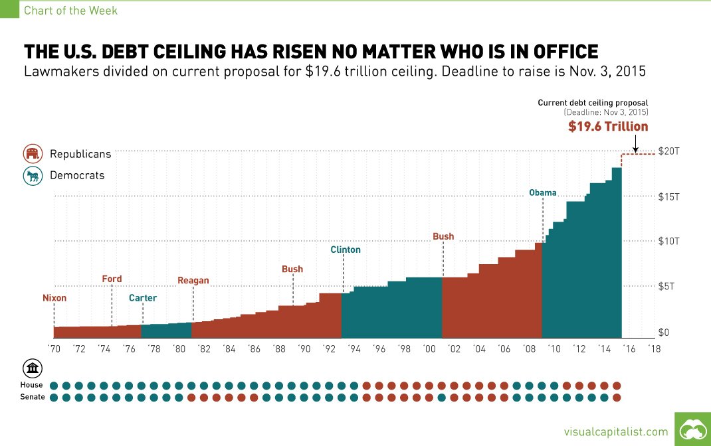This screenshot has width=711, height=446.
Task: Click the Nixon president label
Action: point(54,298)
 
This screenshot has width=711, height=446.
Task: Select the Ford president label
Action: point(112,279)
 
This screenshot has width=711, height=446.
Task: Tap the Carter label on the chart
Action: point(143,298)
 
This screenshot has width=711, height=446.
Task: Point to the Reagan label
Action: point(193,280)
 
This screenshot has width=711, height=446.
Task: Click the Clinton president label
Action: point(346,250)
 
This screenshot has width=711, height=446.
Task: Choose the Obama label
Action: point(543,192)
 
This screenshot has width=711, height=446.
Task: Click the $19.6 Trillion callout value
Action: point(608,126)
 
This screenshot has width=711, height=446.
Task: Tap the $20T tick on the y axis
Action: point(668,151)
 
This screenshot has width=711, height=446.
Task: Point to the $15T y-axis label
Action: point(668,196)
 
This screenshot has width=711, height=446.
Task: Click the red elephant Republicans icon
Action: point(31,154)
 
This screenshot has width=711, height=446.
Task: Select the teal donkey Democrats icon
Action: point(31,176)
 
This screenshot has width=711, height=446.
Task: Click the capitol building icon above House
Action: point(31,369)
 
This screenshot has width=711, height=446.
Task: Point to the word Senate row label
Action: point(32,397)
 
